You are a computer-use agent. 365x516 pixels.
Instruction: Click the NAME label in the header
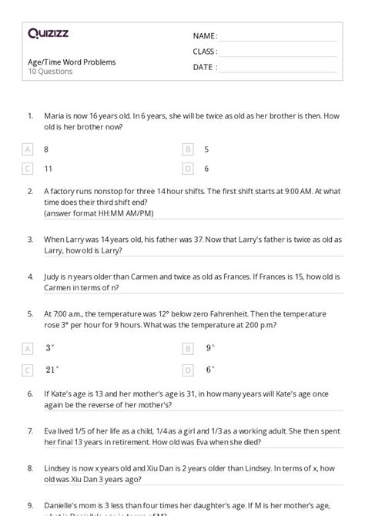pos(205,36)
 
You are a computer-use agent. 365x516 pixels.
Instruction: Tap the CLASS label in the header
pos(205,52)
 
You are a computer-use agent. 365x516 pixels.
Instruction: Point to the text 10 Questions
pos(50,72)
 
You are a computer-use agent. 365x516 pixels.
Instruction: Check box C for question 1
pos(28,168)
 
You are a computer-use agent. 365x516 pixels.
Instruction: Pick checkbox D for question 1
pos(188,168)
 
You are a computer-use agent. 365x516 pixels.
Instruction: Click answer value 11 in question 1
pos(49,168)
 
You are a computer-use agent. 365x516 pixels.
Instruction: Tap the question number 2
pos(30,190)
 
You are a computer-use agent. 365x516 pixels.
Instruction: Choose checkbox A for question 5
pos(28,348)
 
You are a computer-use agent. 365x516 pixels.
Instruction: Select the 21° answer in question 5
pos(52,369)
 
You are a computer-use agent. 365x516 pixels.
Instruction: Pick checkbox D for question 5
pos(188,370)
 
